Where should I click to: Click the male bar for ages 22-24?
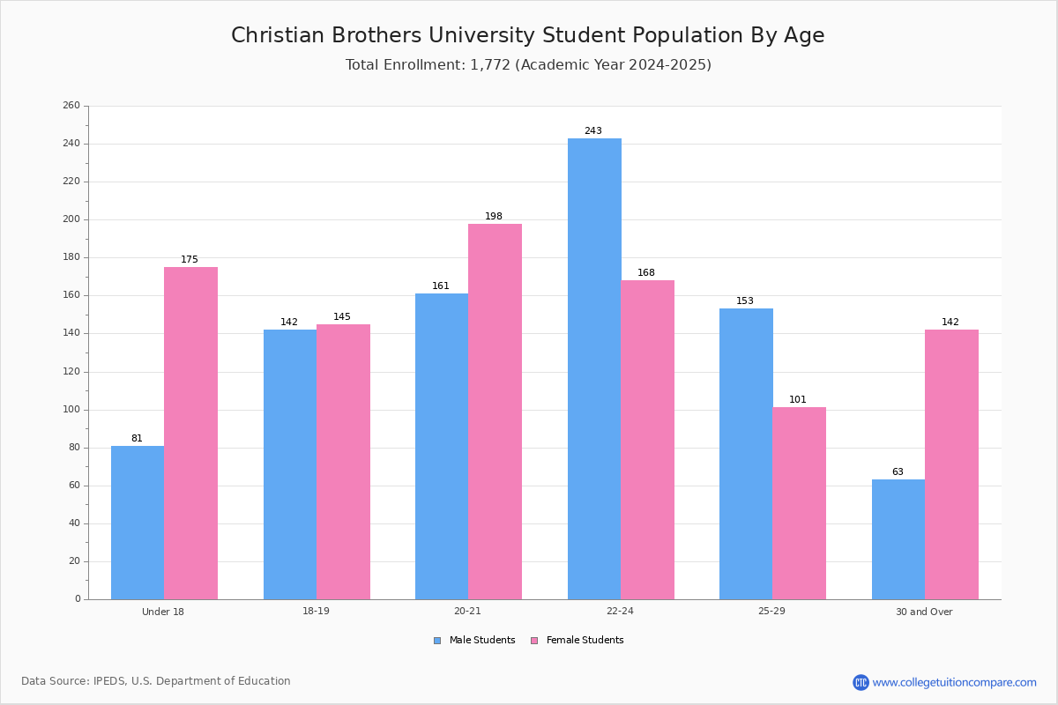[594, 368]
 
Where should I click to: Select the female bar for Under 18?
[190, 434]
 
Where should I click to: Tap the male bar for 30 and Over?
[898, 539]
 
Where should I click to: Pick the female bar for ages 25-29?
[799, 503]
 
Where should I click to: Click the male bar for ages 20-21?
[442, 447]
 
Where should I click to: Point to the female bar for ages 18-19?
[343, 462]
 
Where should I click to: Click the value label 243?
[593, 130]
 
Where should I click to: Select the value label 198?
[494, 216]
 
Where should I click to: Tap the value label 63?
[898, 471]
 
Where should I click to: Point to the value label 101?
[798, 399]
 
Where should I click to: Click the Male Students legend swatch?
[437, 641]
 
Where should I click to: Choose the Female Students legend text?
[585, 641]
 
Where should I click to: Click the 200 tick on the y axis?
[71, 219]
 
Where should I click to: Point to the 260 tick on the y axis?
[71, 105]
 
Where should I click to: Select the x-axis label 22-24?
[620, 611]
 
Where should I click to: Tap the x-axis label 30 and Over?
[924, 612]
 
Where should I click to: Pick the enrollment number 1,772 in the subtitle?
[490, 65]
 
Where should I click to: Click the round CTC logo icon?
[861, 682]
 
